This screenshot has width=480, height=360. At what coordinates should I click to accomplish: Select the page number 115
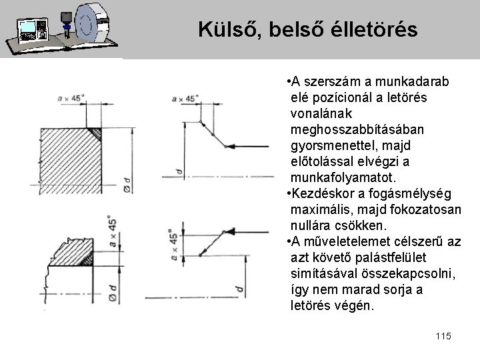click(x=441, y=336)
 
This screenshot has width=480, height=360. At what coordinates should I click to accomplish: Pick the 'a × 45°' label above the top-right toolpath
click(x=185, y=99)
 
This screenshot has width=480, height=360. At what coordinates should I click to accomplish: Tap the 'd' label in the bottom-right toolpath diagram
click(x=238, y=287)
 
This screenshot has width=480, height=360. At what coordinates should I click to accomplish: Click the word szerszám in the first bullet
click(x=331, y=81)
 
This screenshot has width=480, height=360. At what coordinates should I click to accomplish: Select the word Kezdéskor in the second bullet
click(x=321, y=193)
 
